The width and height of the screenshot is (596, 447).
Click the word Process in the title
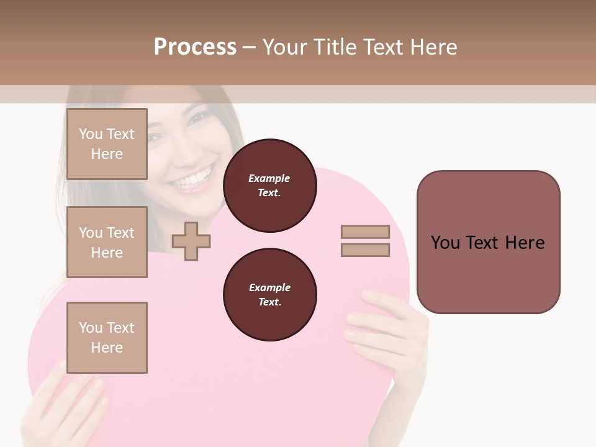[x=195, y=47]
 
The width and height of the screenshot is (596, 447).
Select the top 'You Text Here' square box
[x=107, y=144]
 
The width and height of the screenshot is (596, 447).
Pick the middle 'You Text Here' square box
[x=107, y=242]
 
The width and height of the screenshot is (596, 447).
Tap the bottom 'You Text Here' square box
[x=107, y=338]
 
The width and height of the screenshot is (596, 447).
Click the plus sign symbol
[x=191, y=241]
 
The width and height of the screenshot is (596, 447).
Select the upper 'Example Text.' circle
[x=269, y=186]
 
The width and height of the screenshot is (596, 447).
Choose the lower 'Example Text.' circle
[x=269, y=294]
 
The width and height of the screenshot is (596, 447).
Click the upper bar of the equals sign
[x=365, y=232]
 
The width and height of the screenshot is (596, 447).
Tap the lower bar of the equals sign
[x=365, y=250]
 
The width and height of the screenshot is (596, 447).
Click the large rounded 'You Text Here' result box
[x=488, y=242]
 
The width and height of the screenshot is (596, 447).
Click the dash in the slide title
[x=249, y=47]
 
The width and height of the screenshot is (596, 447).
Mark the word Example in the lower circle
[x=269, y=287]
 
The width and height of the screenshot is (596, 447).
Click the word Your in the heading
[x=285, y=47]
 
